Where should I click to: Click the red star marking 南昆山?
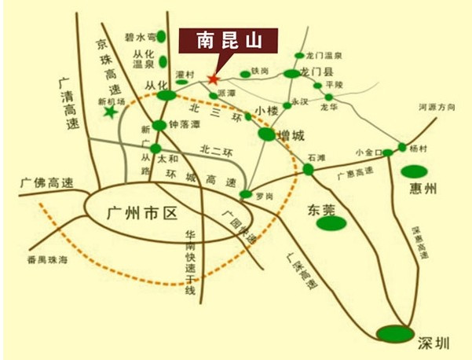[x=213, y=78]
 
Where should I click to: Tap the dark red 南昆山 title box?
[x=229, y=39]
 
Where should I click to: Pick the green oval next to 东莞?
[x=331, y=222]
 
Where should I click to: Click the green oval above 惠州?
[x=413, y=171]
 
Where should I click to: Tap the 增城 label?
[x=291, y=136]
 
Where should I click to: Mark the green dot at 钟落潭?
[x=159, y=124]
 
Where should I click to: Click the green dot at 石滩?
[x=308, y=169]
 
